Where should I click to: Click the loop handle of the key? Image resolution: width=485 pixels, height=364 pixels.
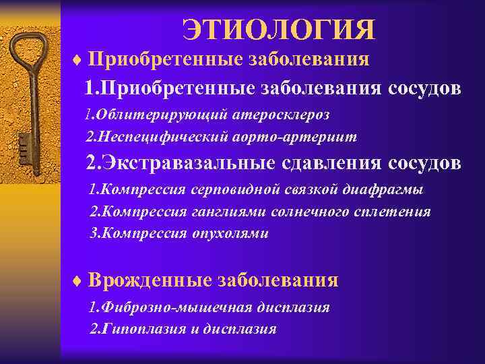25,51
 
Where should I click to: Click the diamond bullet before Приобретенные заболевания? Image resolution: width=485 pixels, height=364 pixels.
76,59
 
